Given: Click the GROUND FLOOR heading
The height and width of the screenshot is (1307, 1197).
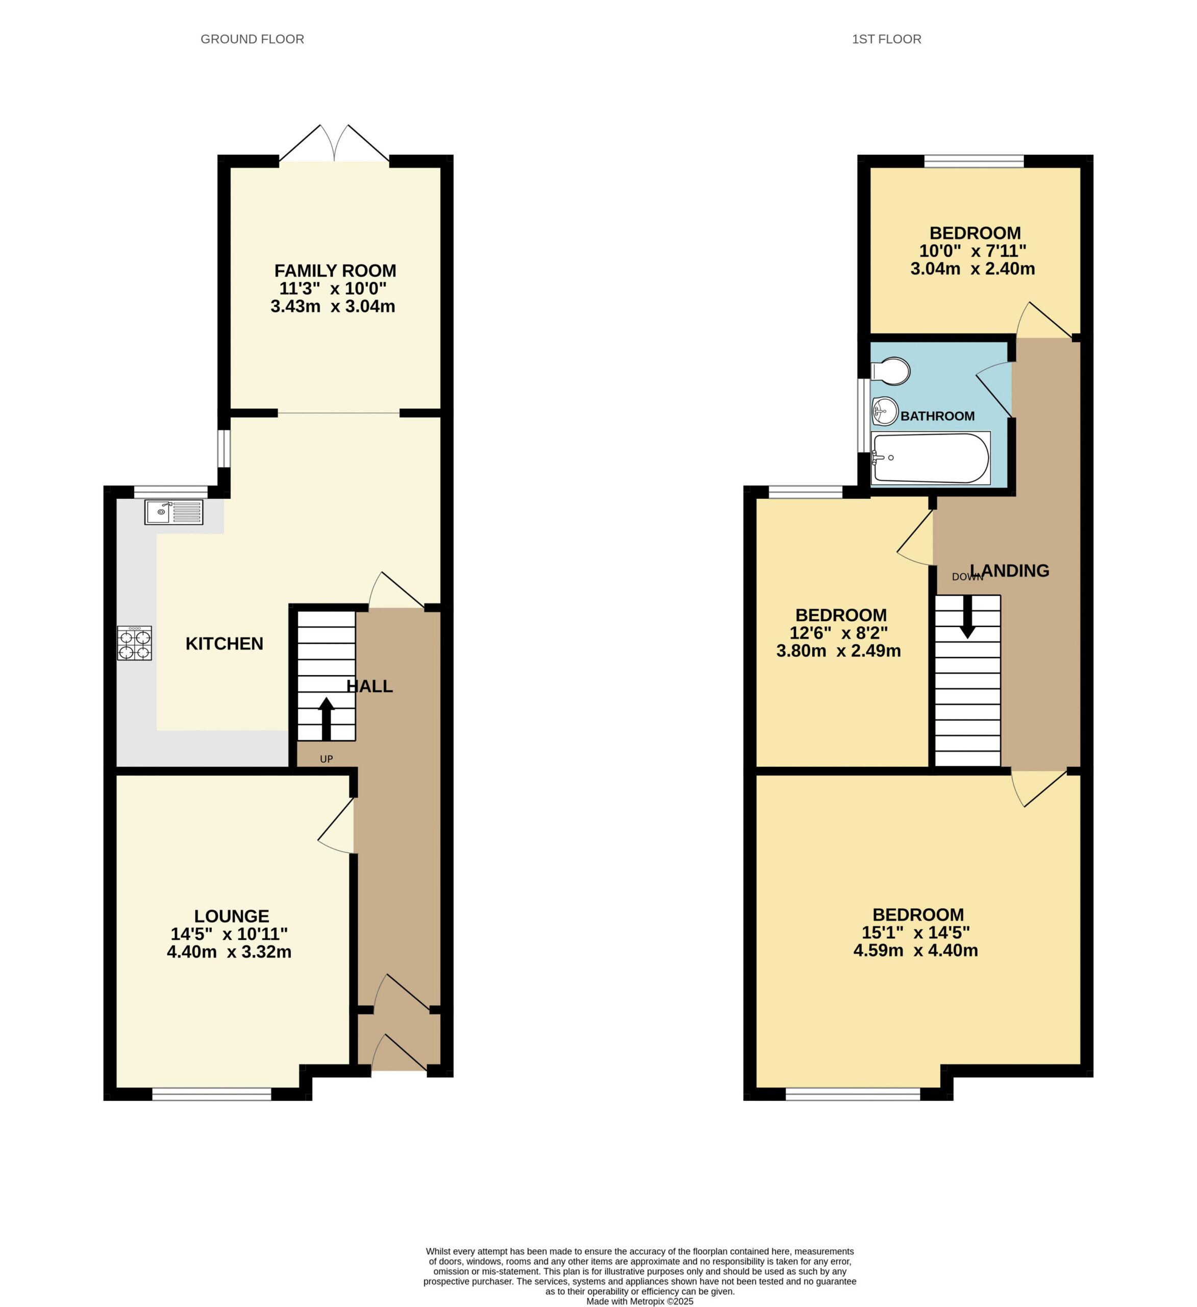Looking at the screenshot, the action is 252,39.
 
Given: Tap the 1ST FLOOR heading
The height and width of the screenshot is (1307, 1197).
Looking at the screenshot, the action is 886,39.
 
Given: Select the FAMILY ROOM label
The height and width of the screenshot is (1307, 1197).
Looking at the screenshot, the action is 335,271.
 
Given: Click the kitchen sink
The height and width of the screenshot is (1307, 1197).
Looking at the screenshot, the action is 173,512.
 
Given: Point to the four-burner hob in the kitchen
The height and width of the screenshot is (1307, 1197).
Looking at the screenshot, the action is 134,643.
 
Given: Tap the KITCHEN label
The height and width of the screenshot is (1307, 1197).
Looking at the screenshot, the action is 224,644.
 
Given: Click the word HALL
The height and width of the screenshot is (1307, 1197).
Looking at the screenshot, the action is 369,686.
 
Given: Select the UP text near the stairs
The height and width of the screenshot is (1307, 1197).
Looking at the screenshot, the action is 326,759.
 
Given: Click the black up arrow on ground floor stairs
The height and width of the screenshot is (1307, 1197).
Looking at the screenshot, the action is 326,718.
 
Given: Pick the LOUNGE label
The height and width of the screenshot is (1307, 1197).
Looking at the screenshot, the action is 231,916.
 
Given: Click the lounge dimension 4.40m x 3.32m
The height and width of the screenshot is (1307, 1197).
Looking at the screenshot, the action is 229,952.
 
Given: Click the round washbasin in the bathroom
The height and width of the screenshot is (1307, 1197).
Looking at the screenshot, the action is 885,410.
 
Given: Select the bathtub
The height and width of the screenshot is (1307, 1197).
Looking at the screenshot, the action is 931,458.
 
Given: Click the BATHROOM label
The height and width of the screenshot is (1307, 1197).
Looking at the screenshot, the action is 937,416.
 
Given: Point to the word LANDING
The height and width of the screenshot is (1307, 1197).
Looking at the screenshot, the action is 1009,570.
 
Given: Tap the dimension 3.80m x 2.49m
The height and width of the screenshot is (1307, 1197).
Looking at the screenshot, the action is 839,651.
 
